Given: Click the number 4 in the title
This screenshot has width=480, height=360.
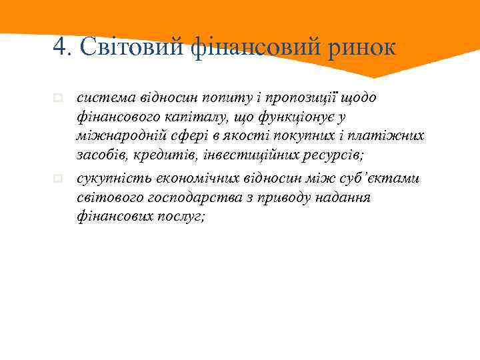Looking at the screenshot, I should point(60,47).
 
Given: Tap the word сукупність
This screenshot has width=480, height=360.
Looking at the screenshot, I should point(110,179).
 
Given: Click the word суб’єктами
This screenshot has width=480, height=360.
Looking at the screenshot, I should point(387,179).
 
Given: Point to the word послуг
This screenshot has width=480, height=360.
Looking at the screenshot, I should point(175,218).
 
